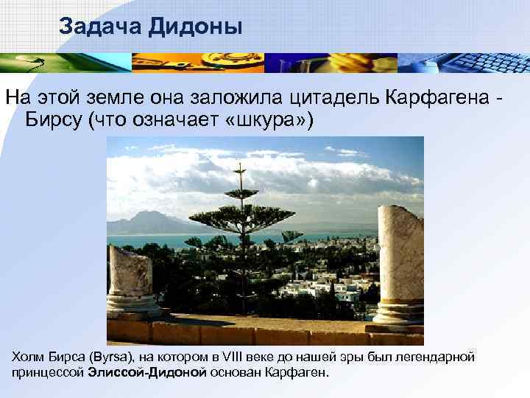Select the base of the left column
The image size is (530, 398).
[132, 307]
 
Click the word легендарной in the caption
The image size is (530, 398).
[440, 357]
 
